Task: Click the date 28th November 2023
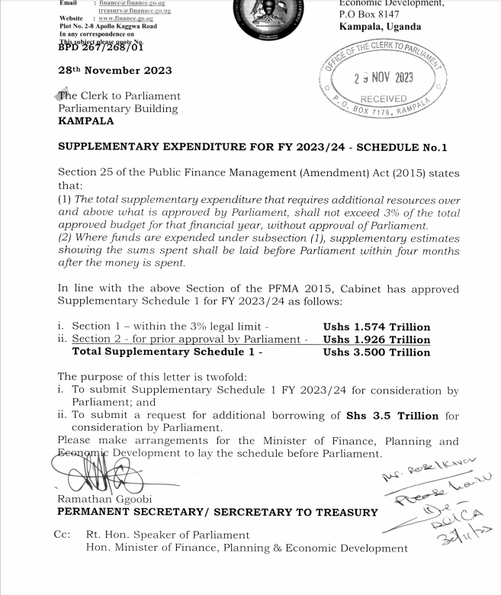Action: click(115, 70)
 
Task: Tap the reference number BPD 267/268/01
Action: click(101, 47)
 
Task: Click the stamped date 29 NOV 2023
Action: click(383, 78)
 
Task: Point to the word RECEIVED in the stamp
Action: click(384, 99)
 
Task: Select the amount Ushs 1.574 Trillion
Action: click(377, 326)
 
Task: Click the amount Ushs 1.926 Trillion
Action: click(377, 339)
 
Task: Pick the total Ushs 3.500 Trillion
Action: click(377, 352)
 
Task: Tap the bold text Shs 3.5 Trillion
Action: click(392, 416)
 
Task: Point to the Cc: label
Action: click(63, 535)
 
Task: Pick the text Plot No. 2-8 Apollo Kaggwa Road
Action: click(108, 25)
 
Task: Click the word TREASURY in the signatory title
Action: click(341, 512)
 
